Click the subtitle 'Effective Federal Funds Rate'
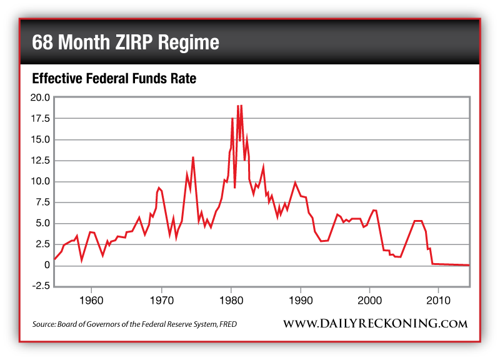pos(114,79)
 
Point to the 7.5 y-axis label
pos(41,202)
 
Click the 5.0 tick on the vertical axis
pos(41,224)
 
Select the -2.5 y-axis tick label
pos(40,286)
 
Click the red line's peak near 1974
pos(193,157)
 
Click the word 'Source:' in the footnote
pos(44,324)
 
